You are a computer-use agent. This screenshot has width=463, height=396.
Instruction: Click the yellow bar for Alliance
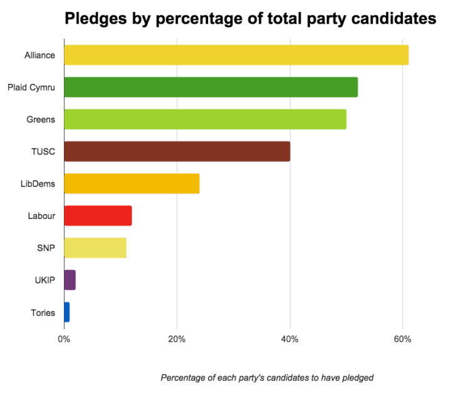click(236, 55)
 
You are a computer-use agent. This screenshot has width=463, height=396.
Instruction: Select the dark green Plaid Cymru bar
click(211, 87)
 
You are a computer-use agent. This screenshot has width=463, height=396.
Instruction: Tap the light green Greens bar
click(205, 119)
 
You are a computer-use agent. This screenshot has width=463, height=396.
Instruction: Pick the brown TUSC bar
click(177, 151)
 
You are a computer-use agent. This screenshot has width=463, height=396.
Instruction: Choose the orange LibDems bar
click(132, 183)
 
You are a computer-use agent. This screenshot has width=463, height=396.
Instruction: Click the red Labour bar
click(98, 215)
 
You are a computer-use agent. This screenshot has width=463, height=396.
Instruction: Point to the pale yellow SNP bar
click(95, 248)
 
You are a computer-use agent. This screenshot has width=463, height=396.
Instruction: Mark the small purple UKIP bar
click(70, 280)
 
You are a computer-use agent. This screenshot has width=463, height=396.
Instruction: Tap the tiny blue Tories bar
click(66, 312)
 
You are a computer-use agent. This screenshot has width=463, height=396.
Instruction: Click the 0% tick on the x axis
click(64, 339)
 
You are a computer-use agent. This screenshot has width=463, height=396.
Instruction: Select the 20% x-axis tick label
click(177, 339)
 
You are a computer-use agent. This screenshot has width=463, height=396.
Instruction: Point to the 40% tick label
click(289, 339)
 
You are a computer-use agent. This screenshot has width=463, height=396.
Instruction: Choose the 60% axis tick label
click(402, 339)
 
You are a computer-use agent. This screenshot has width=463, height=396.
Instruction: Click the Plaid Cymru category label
click(31, 88)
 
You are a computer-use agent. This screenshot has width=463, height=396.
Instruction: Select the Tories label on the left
click(43, 312)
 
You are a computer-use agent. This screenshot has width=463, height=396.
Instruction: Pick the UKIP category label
click(45, 280)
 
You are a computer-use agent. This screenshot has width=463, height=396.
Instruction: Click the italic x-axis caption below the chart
click(267, 378)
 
